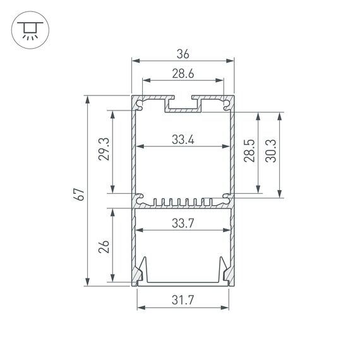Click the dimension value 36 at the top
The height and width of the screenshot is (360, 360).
point(183,54)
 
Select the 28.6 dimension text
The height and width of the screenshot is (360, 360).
point(183,73)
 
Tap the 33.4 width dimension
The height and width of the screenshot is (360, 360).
point(183,140)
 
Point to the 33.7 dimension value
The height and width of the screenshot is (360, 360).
point(183,222)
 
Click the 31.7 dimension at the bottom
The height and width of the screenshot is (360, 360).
point(183,301)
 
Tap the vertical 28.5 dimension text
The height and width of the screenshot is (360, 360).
point(249,151)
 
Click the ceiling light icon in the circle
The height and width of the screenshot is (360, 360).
point(28,29)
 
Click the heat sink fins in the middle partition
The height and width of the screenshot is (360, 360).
point(183,203)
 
